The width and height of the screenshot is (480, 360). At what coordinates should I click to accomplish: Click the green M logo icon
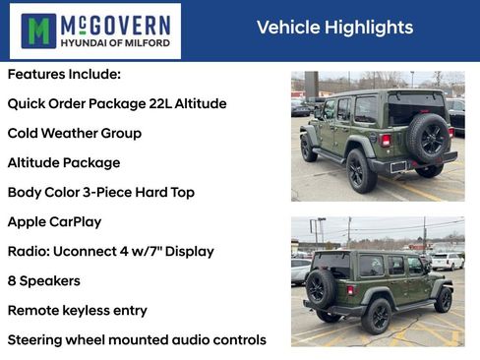[x=38, y=30]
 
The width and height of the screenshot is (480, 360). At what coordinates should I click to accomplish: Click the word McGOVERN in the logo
[x=116, y=23]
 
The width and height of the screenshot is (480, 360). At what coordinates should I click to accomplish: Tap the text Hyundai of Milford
[x=116, y=43]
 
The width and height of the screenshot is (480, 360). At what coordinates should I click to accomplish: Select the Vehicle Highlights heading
[x=334, y=28]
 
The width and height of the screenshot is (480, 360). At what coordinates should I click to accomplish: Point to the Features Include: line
[x=64, y=75]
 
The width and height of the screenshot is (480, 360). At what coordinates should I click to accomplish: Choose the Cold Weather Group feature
[x=75, y=134]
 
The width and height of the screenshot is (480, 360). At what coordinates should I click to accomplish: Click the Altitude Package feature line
[x=64, y=163]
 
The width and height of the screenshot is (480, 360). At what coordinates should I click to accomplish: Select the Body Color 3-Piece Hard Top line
[x=101, y=193]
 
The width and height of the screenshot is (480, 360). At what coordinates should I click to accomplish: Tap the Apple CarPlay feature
[x=54, y=222]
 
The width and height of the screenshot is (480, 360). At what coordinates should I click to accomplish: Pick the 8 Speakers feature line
[x=44, y=281]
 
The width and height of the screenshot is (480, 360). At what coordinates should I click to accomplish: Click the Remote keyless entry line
[x=77, y=311]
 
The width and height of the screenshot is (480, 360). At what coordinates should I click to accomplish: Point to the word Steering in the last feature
[x=37, y=340]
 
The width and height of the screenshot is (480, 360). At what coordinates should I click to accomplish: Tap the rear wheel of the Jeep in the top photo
[x=360, y=169]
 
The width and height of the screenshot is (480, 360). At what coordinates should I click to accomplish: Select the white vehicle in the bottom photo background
[x=448, y=262]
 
